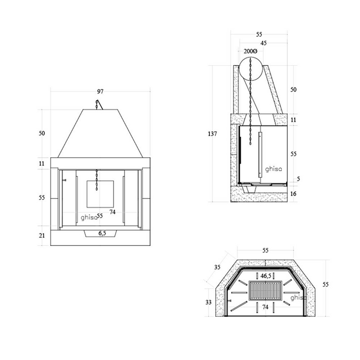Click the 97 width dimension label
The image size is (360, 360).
pos(100,92)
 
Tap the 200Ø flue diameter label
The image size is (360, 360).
pos(251,51)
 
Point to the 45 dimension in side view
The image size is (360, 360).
pos(263,43)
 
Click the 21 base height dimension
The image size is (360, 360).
pos(42,236)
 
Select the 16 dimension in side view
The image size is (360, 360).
pos(294,194)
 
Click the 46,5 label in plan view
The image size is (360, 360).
pos(266,276)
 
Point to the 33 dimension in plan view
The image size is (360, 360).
pos(208,302)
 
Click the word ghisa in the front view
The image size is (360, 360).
pos(88,217)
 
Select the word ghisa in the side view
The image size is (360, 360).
pos(273,168)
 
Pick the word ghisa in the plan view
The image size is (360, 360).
pos(298,297)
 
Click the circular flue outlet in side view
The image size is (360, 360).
pos(251,67)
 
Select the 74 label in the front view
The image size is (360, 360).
pos(113,212)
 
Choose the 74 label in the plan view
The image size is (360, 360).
pos(265,307)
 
